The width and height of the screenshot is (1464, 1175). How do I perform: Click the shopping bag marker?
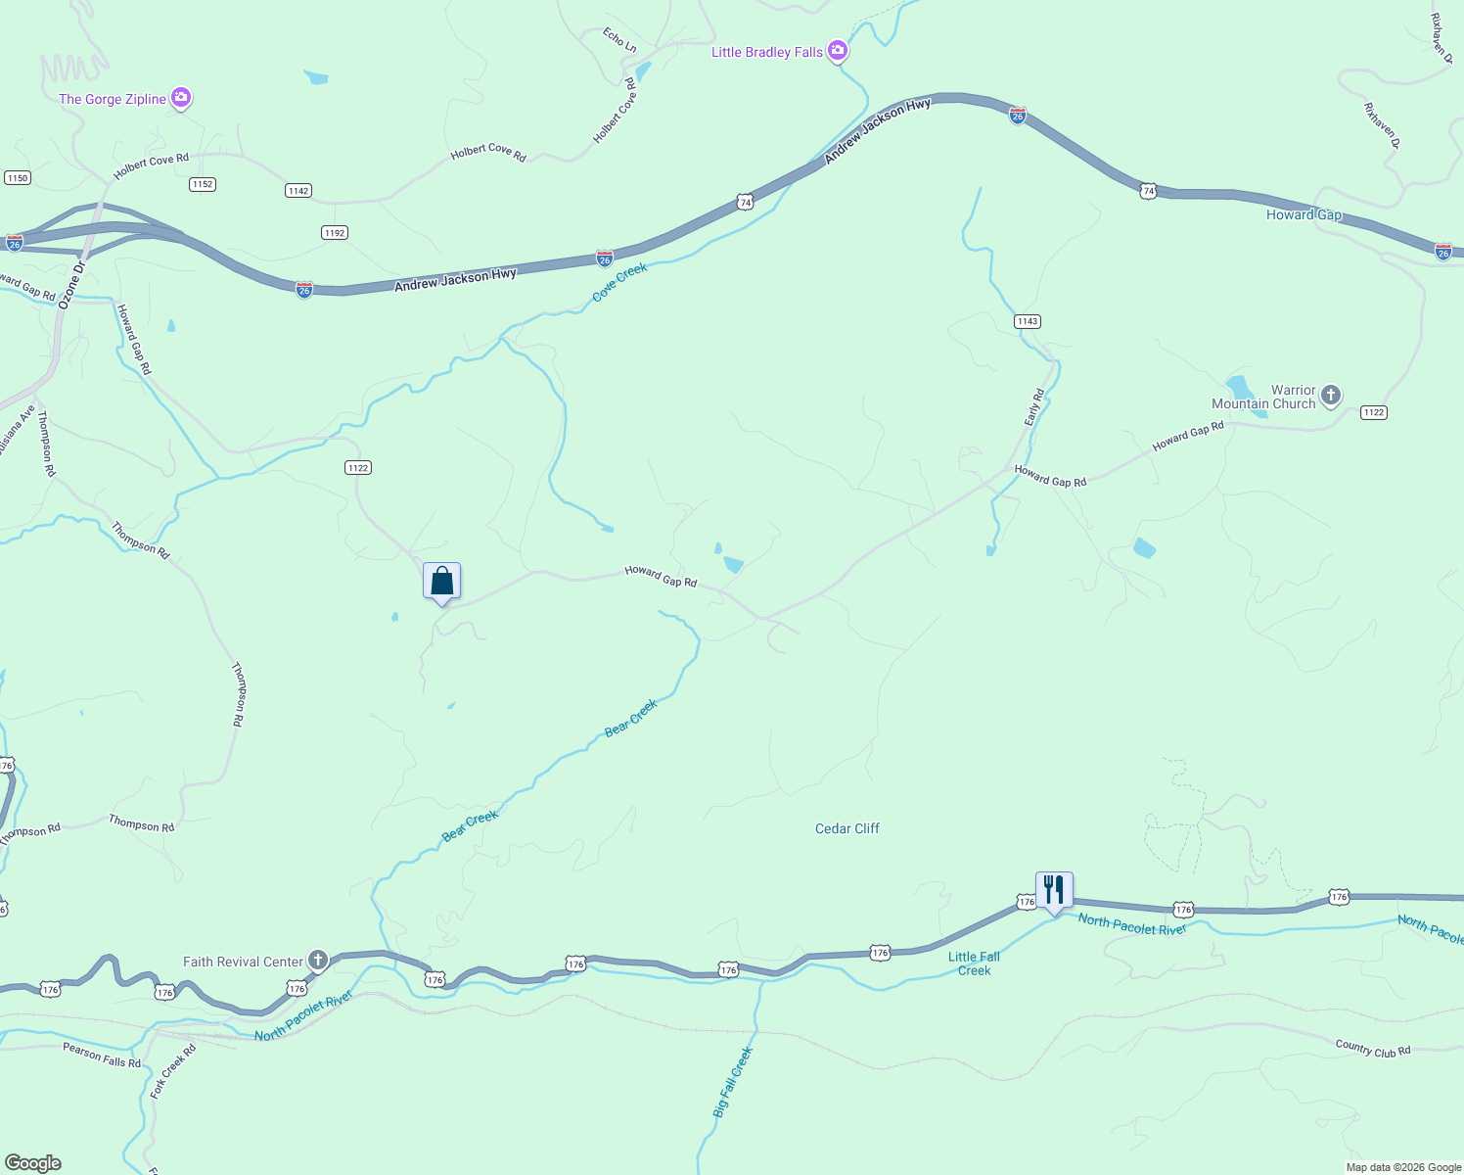pos(441,581)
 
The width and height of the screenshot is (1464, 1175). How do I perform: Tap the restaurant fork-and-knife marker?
pos(1054,890)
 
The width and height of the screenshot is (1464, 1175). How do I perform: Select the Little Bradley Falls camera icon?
pos(837,51)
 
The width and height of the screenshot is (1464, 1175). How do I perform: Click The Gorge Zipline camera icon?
pos(180,98)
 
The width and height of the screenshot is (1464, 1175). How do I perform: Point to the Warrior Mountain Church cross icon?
pos(1330,396)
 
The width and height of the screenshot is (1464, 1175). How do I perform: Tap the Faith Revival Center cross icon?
pos(317,961)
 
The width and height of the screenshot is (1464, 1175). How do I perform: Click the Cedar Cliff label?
pos(846,828)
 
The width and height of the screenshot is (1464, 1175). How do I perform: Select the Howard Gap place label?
pos(1304,215)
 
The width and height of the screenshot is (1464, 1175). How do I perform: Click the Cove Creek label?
pos(620,282)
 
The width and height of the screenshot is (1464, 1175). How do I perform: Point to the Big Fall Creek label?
pos(733,1082)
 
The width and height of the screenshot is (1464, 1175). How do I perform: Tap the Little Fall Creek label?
pos(974,963)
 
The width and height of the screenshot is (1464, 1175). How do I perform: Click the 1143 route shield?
pos(1027,321)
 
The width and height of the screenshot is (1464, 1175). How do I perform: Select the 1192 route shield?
pos(335,233)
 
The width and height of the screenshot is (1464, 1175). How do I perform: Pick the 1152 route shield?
pos(203,184)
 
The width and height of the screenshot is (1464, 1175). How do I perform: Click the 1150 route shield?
pos(18,177)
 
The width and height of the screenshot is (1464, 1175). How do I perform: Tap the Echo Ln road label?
pos(619,40)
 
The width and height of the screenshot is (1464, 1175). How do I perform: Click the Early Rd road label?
pos(1034,407)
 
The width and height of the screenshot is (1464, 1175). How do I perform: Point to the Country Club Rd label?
pos(1372,1048)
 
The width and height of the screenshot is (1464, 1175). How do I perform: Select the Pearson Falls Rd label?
pos(102,1056)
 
